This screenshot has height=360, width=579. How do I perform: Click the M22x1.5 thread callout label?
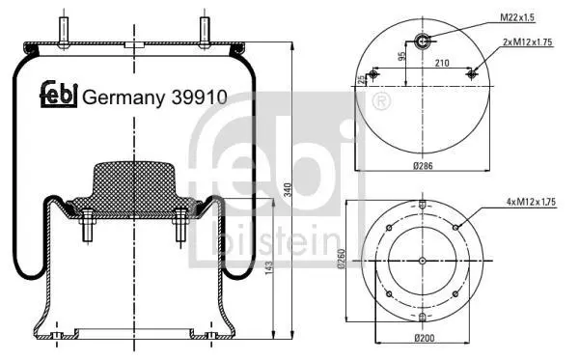pyautogui.click(x=517, y=17)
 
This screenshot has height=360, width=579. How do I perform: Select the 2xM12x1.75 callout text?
pyautogui.click(x=527, y=42)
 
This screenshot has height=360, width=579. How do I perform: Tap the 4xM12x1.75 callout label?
pyautogui.click(x=531, y=202)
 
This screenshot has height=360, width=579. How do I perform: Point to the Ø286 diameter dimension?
pyautogui.click(x=423, y=166)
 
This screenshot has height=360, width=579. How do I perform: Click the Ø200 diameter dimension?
pyautogui.click(x=425, y=338)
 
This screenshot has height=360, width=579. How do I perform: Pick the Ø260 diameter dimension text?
pyautogui.click(x=341, y=259)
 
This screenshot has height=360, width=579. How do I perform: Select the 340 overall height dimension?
pyautogui.click(x=288, y=190)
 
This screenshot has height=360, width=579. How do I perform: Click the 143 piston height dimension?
pyautogui.click(x=268, y=267)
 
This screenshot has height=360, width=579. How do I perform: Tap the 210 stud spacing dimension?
pyautogui.click(x=442, y=63)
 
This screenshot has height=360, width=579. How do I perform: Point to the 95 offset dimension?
pyautogui.click(x=401, y=56)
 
